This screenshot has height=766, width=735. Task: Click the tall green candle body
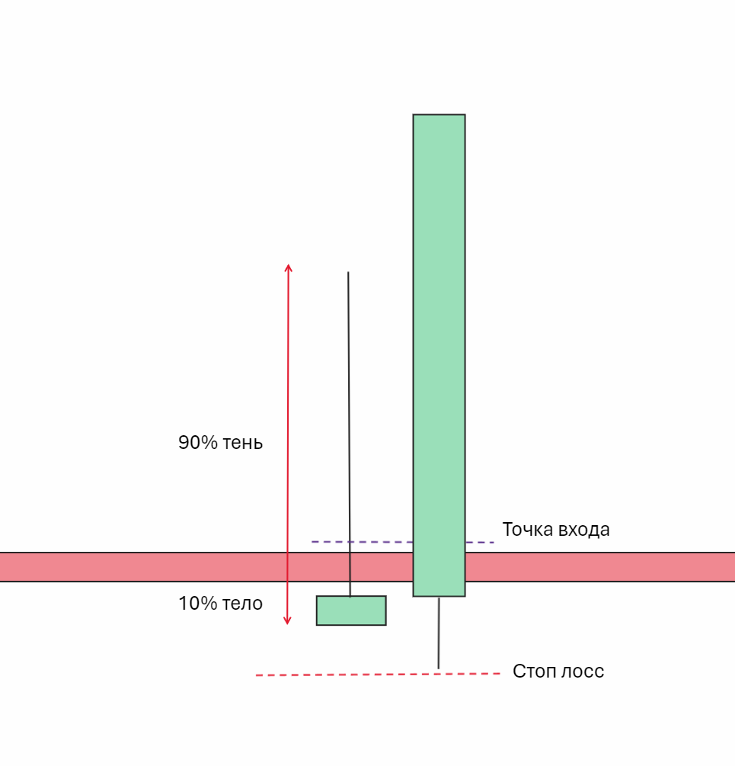[439, 343]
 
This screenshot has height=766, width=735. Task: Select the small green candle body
[351, 611]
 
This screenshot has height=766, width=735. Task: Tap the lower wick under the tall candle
[439, 633]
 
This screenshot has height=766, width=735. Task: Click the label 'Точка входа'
[556, 529]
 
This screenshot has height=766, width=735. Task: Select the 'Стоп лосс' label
[558, 671]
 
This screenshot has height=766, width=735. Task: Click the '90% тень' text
[220, 443]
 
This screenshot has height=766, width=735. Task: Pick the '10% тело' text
[220, 604]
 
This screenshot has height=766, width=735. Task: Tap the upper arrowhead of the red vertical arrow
[288, 268]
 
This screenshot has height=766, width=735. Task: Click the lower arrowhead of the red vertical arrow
[288, 620]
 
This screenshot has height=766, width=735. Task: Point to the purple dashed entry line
[358, 542]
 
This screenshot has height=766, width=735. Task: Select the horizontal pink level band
[152, 567]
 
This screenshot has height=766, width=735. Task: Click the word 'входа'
[584, 529]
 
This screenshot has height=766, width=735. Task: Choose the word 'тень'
[242, 443]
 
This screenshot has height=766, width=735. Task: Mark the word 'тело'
[242, 604]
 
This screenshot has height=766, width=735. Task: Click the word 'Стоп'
[535, 671]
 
